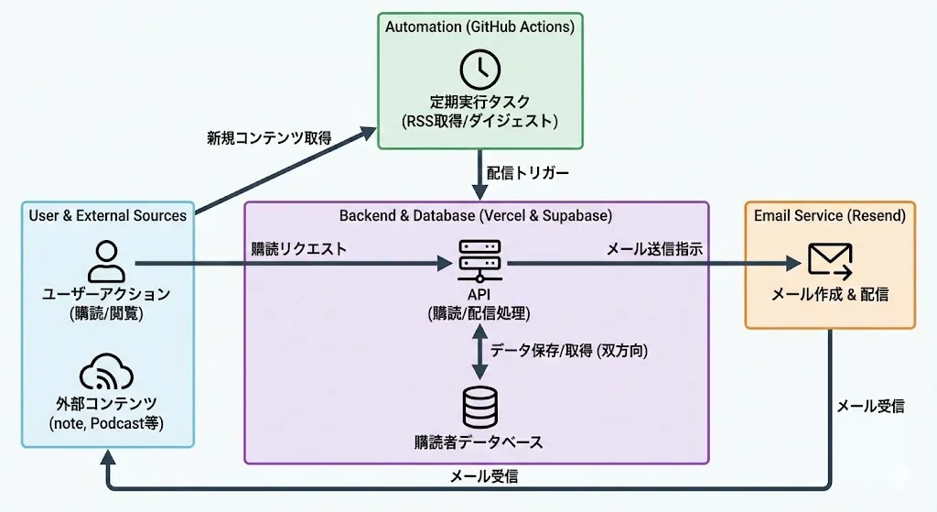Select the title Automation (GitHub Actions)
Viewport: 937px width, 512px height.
click(479, 27)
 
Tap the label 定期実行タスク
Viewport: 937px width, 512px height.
click(479, 102)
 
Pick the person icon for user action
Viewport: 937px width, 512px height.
click(107, 261)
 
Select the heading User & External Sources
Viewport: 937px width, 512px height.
click(107, 216)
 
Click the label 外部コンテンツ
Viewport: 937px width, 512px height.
click(107, 403)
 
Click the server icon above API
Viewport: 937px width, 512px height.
click(479, 259)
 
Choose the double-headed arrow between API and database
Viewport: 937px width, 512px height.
click(479, 350)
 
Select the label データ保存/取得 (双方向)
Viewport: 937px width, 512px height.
click(568, 350)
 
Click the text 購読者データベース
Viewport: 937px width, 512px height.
click(479, 442)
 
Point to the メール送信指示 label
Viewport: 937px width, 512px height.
click(653, 248)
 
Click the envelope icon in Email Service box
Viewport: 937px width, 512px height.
click(830, 261)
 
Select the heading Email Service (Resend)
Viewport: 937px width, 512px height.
click(830, 216)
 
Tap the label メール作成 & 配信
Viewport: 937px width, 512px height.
click(830, 295)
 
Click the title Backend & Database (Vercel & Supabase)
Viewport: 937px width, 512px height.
click(476, 216)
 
